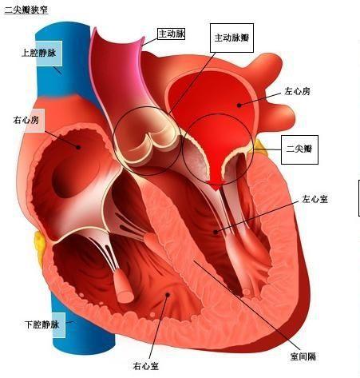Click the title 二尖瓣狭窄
[26, 10]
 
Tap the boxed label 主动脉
[171, 34]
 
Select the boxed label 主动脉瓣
[231, 38]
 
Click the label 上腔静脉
[39, 53]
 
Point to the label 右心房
[26, 120]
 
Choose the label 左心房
[297, 91]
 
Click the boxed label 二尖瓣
[299, 149]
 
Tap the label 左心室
[315, 199]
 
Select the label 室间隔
[303, 356]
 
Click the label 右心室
[146, 366]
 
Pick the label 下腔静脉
[42, 324]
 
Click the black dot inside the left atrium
[239, 105]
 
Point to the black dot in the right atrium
[78, 147]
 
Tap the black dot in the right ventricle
[168, 295]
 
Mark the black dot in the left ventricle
[216, 232]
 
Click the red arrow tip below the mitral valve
[217, 189]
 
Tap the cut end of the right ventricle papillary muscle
[125, 296]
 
